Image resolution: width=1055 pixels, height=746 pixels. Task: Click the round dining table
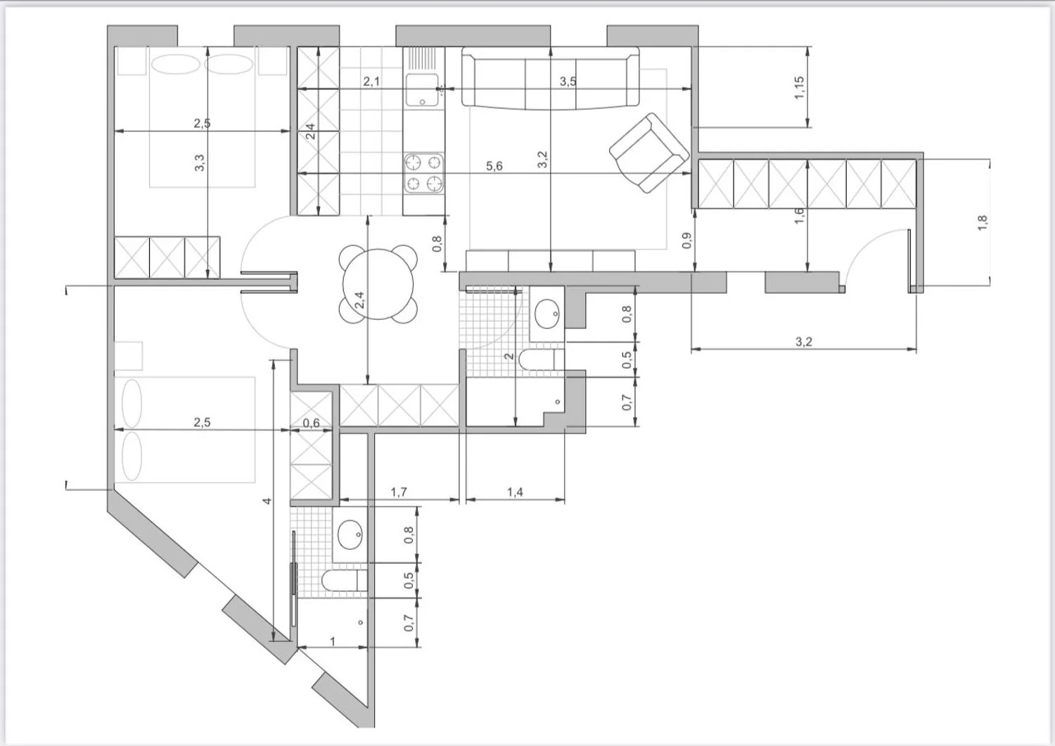click(378, 285)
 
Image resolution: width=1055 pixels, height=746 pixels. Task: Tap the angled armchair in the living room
click(649, 153)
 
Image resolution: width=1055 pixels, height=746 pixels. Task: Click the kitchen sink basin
click(422, 90)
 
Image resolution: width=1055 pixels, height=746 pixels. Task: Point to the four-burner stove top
click(423, 173)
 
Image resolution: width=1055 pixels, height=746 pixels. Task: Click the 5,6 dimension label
click(494, 166)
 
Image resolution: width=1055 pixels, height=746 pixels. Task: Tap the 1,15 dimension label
click(799, 88)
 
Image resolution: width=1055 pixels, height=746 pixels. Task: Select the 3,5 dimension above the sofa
click(568, 82)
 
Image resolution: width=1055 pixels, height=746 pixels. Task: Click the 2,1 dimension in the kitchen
click(371, 82)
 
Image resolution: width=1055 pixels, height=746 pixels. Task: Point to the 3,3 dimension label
click(200, 163)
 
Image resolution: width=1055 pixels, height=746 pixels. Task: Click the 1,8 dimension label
click(983, 223)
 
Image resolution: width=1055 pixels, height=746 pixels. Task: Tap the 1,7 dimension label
click(399, 492)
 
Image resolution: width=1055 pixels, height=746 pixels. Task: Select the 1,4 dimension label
click(516, 492)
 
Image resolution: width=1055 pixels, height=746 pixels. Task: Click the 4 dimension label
click(267, 501)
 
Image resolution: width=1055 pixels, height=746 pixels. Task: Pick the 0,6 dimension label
click(311, 423)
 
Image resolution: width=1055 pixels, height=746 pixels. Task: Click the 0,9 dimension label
click(686, 240)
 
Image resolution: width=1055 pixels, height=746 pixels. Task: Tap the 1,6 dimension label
click(799, 216)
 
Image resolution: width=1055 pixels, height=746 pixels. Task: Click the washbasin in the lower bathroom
click(350, 534)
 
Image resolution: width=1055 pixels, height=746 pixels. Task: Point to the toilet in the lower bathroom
click(345, 580)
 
